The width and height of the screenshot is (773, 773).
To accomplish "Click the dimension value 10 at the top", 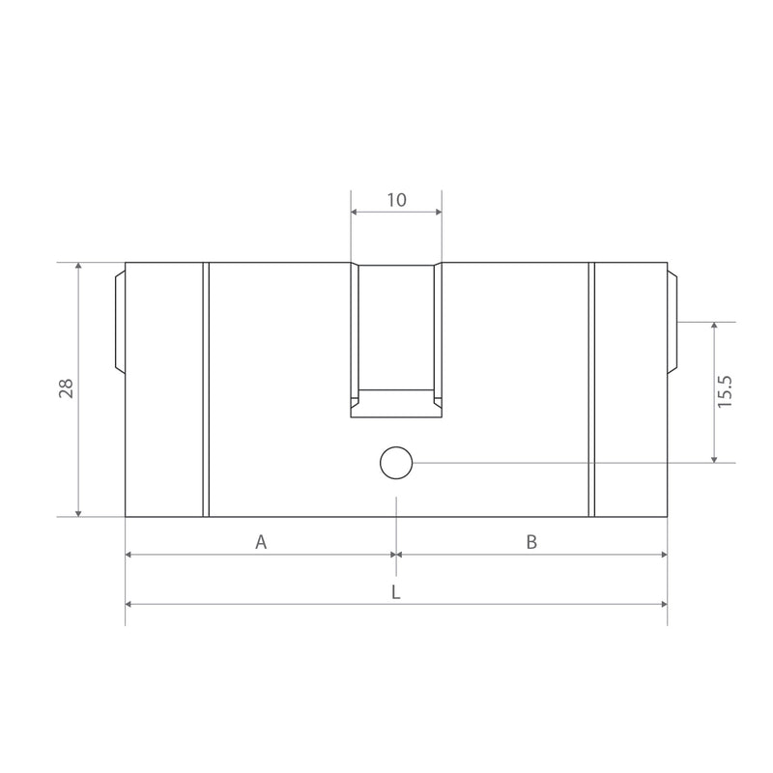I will [396, 200].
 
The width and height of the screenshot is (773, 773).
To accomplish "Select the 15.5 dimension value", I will [727, 393].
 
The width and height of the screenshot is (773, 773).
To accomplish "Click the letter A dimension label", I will [261, 542].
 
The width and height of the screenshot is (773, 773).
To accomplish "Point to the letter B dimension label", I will [531, 542].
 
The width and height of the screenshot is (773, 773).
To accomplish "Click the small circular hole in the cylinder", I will [396, 464].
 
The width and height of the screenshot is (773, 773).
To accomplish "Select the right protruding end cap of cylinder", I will [673, 323].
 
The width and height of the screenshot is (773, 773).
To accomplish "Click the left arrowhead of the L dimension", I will [130, 604].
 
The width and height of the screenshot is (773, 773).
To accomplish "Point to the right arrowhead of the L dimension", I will [663, 604].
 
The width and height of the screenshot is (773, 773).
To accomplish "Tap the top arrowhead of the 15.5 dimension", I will [714, 327].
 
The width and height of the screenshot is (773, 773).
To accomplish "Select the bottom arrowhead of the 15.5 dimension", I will [714, 459].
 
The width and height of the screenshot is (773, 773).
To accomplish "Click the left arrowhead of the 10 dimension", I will [355, 211].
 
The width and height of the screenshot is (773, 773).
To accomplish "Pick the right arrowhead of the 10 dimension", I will [438, 211].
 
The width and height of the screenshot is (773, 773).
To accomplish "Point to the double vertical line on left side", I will [206, 388].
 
